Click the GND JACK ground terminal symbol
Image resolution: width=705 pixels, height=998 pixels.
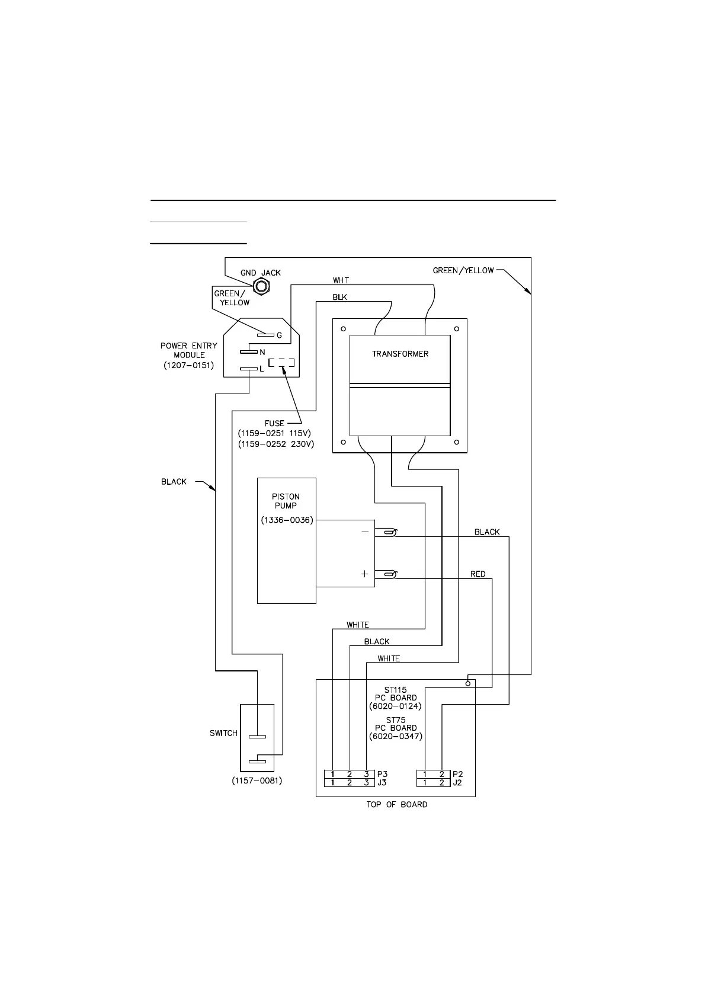tap(261, 287)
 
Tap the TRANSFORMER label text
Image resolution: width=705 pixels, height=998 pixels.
tap(400, 354)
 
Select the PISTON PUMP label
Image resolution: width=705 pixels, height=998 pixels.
tap(286, 501)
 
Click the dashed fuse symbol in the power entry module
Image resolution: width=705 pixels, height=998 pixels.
tap(281, 363)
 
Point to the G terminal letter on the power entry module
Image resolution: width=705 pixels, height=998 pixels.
tap(279, 335)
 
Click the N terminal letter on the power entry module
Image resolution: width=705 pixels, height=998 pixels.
tap(262, 352)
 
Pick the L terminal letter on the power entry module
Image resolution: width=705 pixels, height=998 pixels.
tap(262, 369)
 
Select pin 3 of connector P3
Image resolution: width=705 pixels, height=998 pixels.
tap(366, 774)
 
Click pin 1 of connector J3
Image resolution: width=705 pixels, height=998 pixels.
tap(333, 783)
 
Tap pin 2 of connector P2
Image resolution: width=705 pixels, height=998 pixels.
tap(442, 774)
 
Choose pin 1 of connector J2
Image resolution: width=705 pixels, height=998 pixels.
tap(425, 783)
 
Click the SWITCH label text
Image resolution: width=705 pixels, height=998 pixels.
tap(223, 733)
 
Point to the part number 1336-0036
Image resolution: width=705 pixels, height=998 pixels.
tap(287, 520)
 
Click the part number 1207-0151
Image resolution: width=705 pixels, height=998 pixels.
tap(189, 366)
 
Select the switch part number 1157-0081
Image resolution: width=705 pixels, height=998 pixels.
tap(257, 781)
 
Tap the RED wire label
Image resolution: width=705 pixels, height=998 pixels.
tap(478, 574)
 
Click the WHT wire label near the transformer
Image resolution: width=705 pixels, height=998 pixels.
tap(341, 280)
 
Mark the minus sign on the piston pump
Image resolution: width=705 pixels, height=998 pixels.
tap(364, 532)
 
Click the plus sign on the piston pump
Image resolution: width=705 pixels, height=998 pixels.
tap(364, 574)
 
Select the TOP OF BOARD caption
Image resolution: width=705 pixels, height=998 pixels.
tap(396, 804)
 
